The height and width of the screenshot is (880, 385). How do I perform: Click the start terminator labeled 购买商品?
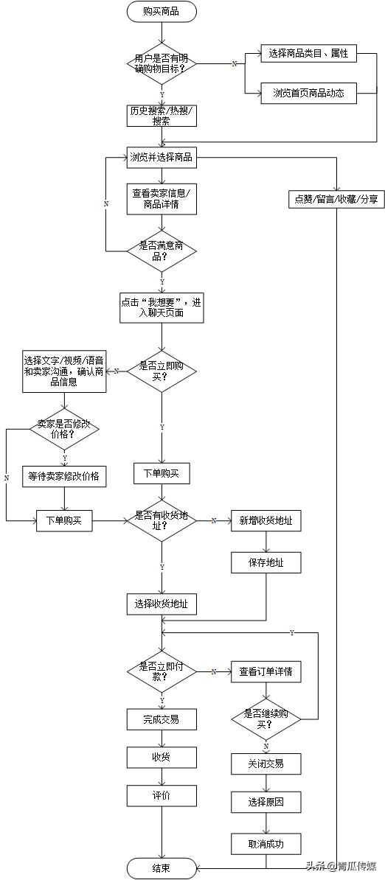(162, 11)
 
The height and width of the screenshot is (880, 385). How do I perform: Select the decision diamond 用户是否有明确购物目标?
(162, 63)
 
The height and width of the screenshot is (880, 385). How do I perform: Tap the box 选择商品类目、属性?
(308, 54)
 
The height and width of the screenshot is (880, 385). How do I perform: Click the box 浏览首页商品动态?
(308, 93)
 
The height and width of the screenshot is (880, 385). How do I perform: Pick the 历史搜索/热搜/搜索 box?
(162, 116)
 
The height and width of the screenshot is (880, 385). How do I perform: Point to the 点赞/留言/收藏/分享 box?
(336, 198)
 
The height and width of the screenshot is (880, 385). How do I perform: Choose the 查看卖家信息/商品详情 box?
(162, 198)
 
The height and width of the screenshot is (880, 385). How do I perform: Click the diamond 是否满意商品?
(162, 251)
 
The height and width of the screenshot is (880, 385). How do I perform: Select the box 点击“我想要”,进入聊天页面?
(162, 307)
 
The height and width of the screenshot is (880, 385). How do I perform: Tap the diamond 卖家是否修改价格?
(63, 429)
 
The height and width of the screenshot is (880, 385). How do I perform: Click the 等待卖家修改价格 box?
(63, 476)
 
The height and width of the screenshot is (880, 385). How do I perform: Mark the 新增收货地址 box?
(266, 520)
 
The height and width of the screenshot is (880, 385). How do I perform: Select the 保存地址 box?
(266, 563)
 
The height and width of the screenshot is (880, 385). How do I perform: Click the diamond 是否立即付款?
(162, 671)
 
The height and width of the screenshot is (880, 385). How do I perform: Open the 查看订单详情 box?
(266, 671)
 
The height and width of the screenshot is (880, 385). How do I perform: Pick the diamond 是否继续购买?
(266, 719)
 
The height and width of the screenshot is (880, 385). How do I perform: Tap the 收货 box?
(162, 757)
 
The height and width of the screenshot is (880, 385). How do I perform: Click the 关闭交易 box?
(266, 764)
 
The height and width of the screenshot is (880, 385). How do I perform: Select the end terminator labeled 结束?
(162, 867)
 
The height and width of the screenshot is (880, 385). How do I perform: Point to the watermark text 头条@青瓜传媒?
(340, 867)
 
